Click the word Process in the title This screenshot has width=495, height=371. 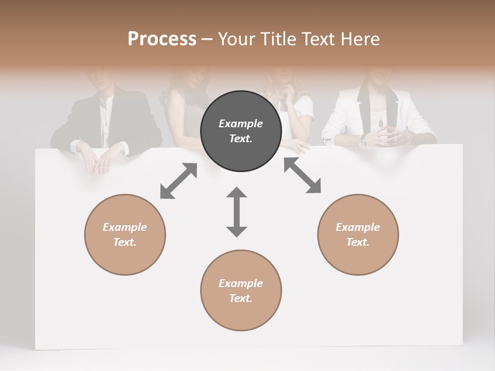coord(162,39)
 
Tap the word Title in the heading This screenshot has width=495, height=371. coord(279,39)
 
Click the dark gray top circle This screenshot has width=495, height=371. coord(241,131)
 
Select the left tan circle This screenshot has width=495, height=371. coord(125,234)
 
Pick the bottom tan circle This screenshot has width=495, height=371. coord(241,291)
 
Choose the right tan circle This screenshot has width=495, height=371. coord(358,234)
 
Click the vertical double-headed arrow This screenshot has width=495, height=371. coord(237,212)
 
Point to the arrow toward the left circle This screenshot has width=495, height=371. coord(178,181)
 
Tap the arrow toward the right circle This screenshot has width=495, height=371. coord(302,176)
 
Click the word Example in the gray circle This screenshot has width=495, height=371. coord(241,124)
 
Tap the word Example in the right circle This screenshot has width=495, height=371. coord(358,227)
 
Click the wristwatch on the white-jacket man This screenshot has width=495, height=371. coord(363,142)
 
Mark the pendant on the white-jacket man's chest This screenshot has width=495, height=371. coord(381,123)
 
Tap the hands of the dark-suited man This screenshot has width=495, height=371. coord(98,160)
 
